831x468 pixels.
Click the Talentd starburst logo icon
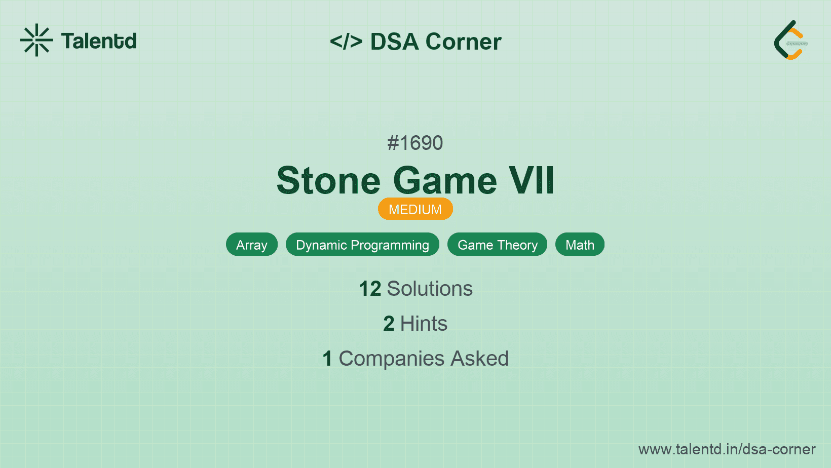(x=36, y=40)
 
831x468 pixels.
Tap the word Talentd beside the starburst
(x=99, y=41)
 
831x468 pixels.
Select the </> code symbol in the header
(x=346, y=41)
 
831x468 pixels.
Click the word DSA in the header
(x=394, y=41)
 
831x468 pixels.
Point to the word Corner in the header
(x=463, y=41)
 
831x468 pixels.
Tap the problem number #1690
(x=415, y=143)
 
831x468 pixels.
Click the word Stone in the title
(x=329, y=180)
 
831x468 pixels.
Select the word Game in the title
(x=445, y=180)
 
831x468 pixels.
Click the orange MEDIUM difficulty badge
(x=415, y=209)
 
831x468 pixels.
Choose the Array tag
(x=251, y=245)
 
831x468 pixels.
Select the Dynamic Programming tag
(x=362, y=245)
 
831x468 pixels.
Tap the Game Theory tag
(x=497, y=245)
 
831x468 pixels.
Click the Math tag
(x=580, y=245)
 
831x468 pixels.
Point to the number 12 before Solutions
(x=370, y=289)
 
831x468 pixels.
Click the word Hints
(x=424, y=323)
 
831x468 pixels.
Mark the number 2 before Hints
(x=389, y=323)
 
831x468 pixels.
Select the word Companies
(x=391, y=359)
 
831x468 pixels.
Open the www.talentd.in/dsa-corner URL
(x=727, y=449)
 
